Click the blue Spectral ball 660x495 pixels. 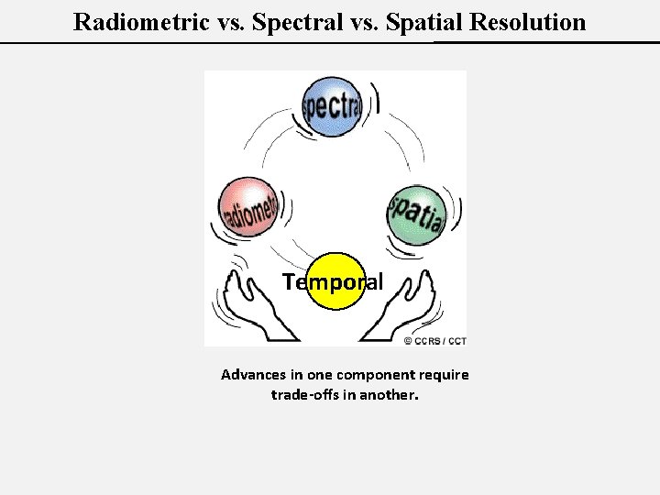pos(332,106)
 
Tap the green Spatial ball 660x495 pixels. pos(418,215)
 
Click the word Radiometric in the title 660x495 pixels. pos(140,22)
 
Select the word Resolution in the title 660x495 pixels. pos(527,22)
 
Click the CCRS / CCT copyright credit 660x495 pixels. pos(434,341)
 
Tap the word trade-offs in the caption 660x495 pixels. pos(303,395)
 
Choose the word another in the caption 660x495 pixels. pos(388,395)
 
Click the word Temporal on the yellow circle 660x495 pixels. pos(333,282)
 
